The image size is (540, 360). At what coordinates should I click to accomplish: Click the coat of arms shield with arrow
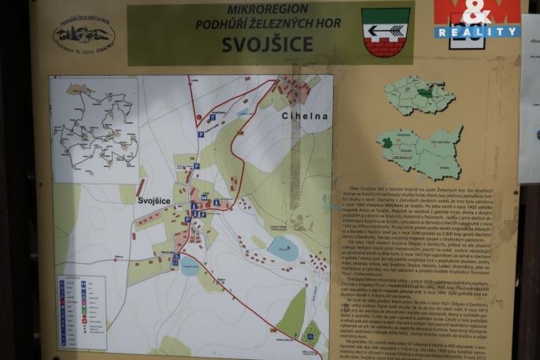[386, 32]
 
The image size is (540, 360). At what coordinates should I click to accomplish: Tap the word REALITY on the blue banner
[477, 32]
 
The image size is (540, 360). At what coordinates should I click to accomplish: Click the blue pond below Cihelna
[283, 250]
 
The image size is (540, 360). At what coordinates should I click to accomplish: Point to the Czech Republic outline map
[419, 95]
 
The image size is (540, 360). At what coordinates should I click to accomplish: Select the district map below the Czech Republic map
[419, 153]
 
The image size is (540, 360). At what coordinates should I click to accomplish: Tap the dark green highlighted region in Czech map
[424, 93]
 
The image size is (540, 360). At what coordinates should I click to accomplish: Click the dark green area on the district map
[386, 143]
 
